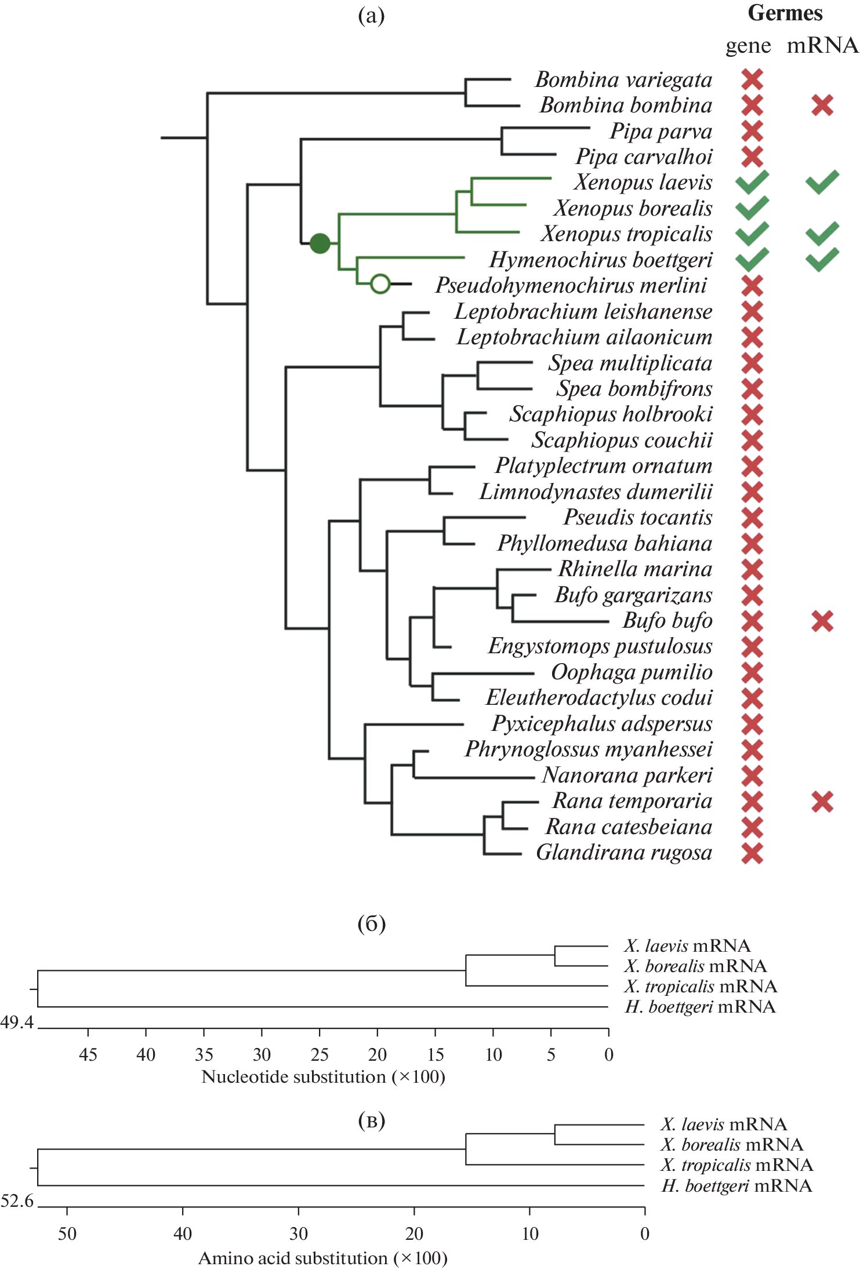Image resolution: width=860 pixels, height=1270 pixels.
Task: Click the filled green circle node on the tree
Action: click(x=320, y=243)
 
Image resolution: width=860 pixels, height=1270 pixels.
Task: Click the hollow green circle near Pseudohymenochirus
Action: click(x=380, y=284)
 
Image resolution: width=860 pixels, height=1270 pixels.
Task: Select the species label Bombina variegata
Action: click(x=623, y=80)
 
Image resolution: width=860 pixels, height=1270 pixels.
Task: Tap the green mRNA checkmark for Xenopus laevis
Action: click(x=822, y=182)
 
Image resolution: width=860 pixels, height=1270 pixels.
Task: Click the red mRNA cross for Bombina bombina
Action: click(x=822, y=105)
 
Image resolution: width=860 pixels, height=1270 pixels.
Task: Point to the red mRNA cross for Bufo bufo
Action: click(x=822, y=621)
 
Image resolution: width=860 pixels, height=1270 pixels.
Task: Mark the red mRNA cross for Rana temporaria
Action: click(x=822, y=802)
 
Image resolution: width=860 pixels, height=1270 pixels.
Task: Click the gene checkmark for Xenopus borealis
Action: click(x=752, y=208)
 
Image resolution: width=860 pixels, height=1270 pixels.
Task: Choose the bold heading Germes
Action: click(x=785, y=13)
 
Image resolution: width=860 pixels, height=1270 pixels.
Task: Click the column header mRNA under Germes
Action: click(x=822, y=45)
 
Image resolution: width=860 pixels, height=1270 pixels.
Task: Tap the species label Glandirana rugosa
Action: click(x=624, y=853)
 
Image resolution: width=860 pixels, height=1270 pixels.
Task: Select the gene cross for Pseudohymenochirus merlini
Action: click(x=752, y=286)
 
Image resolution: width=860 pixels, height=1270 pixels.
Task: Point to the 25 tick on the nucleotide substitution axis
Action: click(x=320, y=1054)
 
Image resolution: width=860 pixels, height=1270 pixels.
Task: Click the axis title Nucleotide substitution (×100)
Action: click(x=323, y=1076)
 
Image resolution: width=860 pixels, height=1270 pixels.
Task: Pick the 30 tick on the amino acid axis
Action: click(x=298, y=1233)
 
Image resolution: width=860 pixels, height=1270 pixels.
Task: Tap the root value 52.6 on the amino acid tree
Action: click(x=17, y=1200)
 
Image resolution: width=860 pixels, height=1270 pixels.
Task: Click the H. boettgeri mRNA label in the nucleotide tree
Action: click(x=700, y=1007)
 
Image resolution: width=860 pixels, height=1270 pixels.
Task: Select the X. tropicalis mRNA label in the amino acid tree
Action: click(x=736, y=1165)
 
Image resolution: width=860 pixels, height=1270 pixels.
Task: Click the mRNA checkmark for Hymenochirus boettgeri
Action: click(x=822, y=259)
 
